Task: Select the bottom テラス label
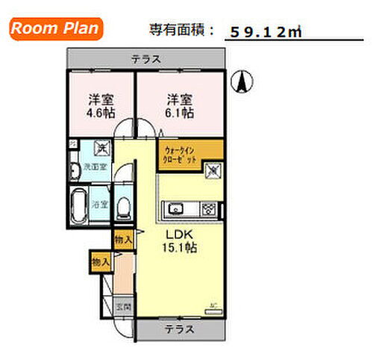pos(179,329)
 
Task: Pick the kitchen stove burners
pos(209,207)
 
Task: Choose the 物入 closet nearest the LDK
pos(124,240)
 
